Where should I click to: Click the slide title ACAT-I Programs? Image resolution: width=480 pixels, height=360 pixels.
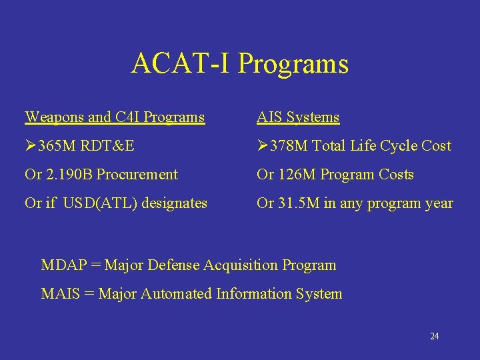pos(240,64)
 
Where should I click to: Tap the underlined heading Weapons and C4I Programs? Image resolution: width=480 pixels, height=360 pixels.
pos(115,117)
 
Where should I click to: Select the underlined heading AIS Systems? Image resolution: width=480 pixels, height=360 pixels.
pos(298,117)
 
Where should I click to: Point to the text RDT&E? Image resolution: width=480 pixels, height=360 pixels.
pos(107,146)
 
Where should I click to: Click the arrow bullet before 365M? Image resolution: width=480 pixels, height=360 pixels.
pos(31,146)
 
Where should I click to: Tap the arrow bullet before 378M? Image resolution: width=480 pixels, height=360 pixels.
pos(263,146)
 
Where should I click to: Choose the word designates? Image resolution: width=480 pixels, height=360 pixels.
pos(173,203)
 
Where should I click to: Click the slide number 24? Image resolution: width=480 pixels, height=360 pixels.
pos(434,337)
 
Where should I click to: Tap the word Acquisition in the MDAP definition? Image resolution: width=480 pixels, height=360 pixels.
pos(245,265)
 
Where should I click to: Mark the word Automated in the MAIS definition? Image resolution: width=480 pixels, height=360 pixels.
pos(176,294)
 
